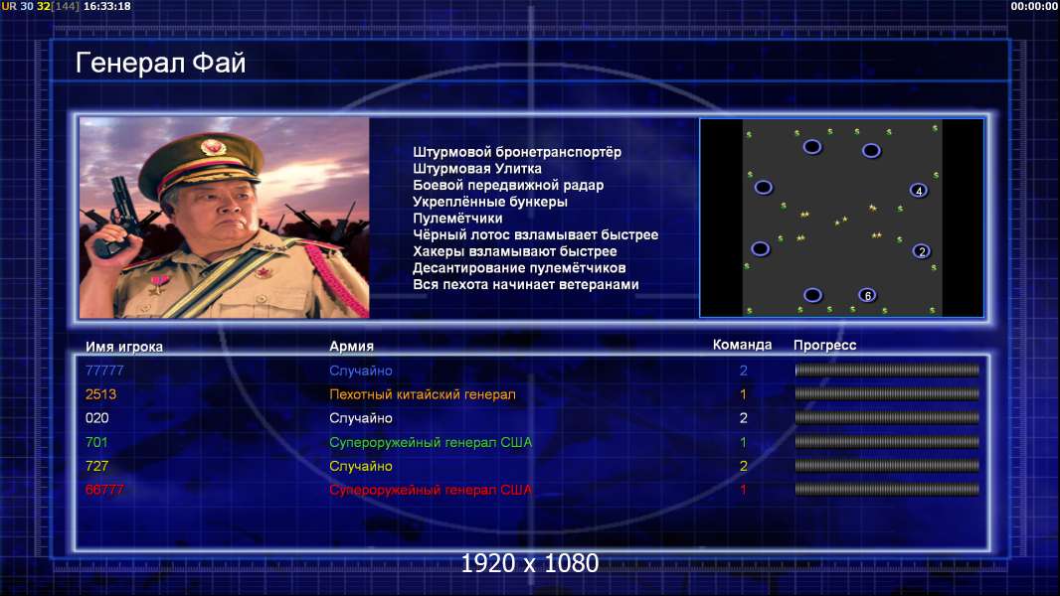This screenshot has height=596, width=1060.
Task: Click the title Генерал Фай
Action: tap(160, 63)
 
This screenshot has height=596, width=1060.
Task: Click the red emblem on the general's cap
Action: tap(213, 146)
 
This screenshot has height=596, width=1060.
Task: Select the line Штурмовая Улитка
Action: tap(476, 169)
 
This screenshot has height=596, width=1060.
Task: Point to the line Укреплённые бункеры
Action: tap(490, 202)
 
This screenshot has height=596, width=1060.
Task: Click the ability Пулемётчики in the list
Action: tap(457, 218)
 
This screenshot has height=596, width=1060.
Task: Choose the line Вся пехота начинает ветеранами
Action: tap(525, 284)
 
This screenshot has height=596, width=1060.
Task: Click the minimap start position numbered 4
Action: tap(918, 191)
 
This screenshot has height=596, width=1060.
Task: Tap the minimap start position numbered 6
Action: tap(867, 295)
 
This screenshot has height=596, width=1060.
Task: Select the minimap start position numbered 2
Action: tap(921, 251)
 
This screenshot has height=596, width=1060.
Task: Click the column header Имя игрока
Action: tap(123, 347)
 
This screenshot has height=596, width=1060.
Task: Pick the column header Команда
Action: tap(742, 345)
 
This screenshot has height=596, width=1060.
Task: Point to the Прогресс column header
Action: tap(824, 345)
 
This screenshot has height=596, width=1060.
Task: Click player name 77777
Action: tap(104, 371)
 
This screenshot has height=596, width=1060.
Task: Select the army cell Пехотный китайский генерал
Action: tap(422, 394)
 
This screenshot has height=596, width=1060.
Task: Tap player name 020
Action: tap(96, 418)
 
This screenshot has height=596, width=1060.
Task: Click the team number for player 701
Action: tap(743, 442)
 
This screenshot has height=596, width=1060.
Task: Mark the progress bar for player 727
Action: tap(887, 466)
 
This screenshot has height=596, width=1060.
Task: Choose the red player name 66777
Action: tap(104, 490)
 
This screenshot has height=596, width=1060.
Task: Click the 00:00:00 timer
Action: tap(1033, 6)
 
